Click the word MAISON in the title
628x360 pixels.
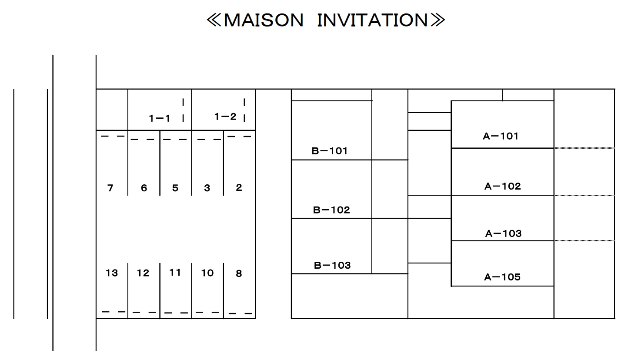(x=264, y=20)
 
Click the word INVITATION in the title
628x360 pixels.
(x=373, y=20)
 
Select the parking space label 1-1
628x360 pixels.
(x=160, y=118)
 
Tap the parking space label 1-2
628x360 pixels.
(x=225, y=117)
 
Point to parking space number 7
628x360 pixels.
(x=110, y=188)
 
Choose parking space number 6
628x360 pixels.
(x=144, y=188)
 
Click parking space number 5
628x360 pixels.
(x=175, y=188)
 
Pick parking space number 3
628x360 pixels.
(x=207, y=188)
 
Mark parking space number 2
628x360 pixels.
(x=239, y=187)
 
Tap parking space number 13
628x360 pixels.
(x=112, y=273)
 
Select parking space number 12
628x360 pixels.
(x=143, y=273)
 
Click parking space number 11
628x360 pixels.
(x=175, y=272)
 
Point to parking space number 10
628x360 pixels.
(x=207, y=273)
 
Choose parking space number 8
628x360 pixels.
(x=239, y=273)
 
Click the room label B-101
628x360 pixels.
(x=330, y=151)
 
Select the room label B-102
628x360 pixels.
(x=331, y=210)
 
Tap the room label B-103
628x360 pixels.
(x=332, y=265)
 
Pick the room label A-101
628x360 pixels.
(x=501, y=136)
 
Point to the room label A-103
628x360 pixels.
(x=503, y=233)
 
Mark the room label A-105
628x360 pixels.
(x=502, y=277)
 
